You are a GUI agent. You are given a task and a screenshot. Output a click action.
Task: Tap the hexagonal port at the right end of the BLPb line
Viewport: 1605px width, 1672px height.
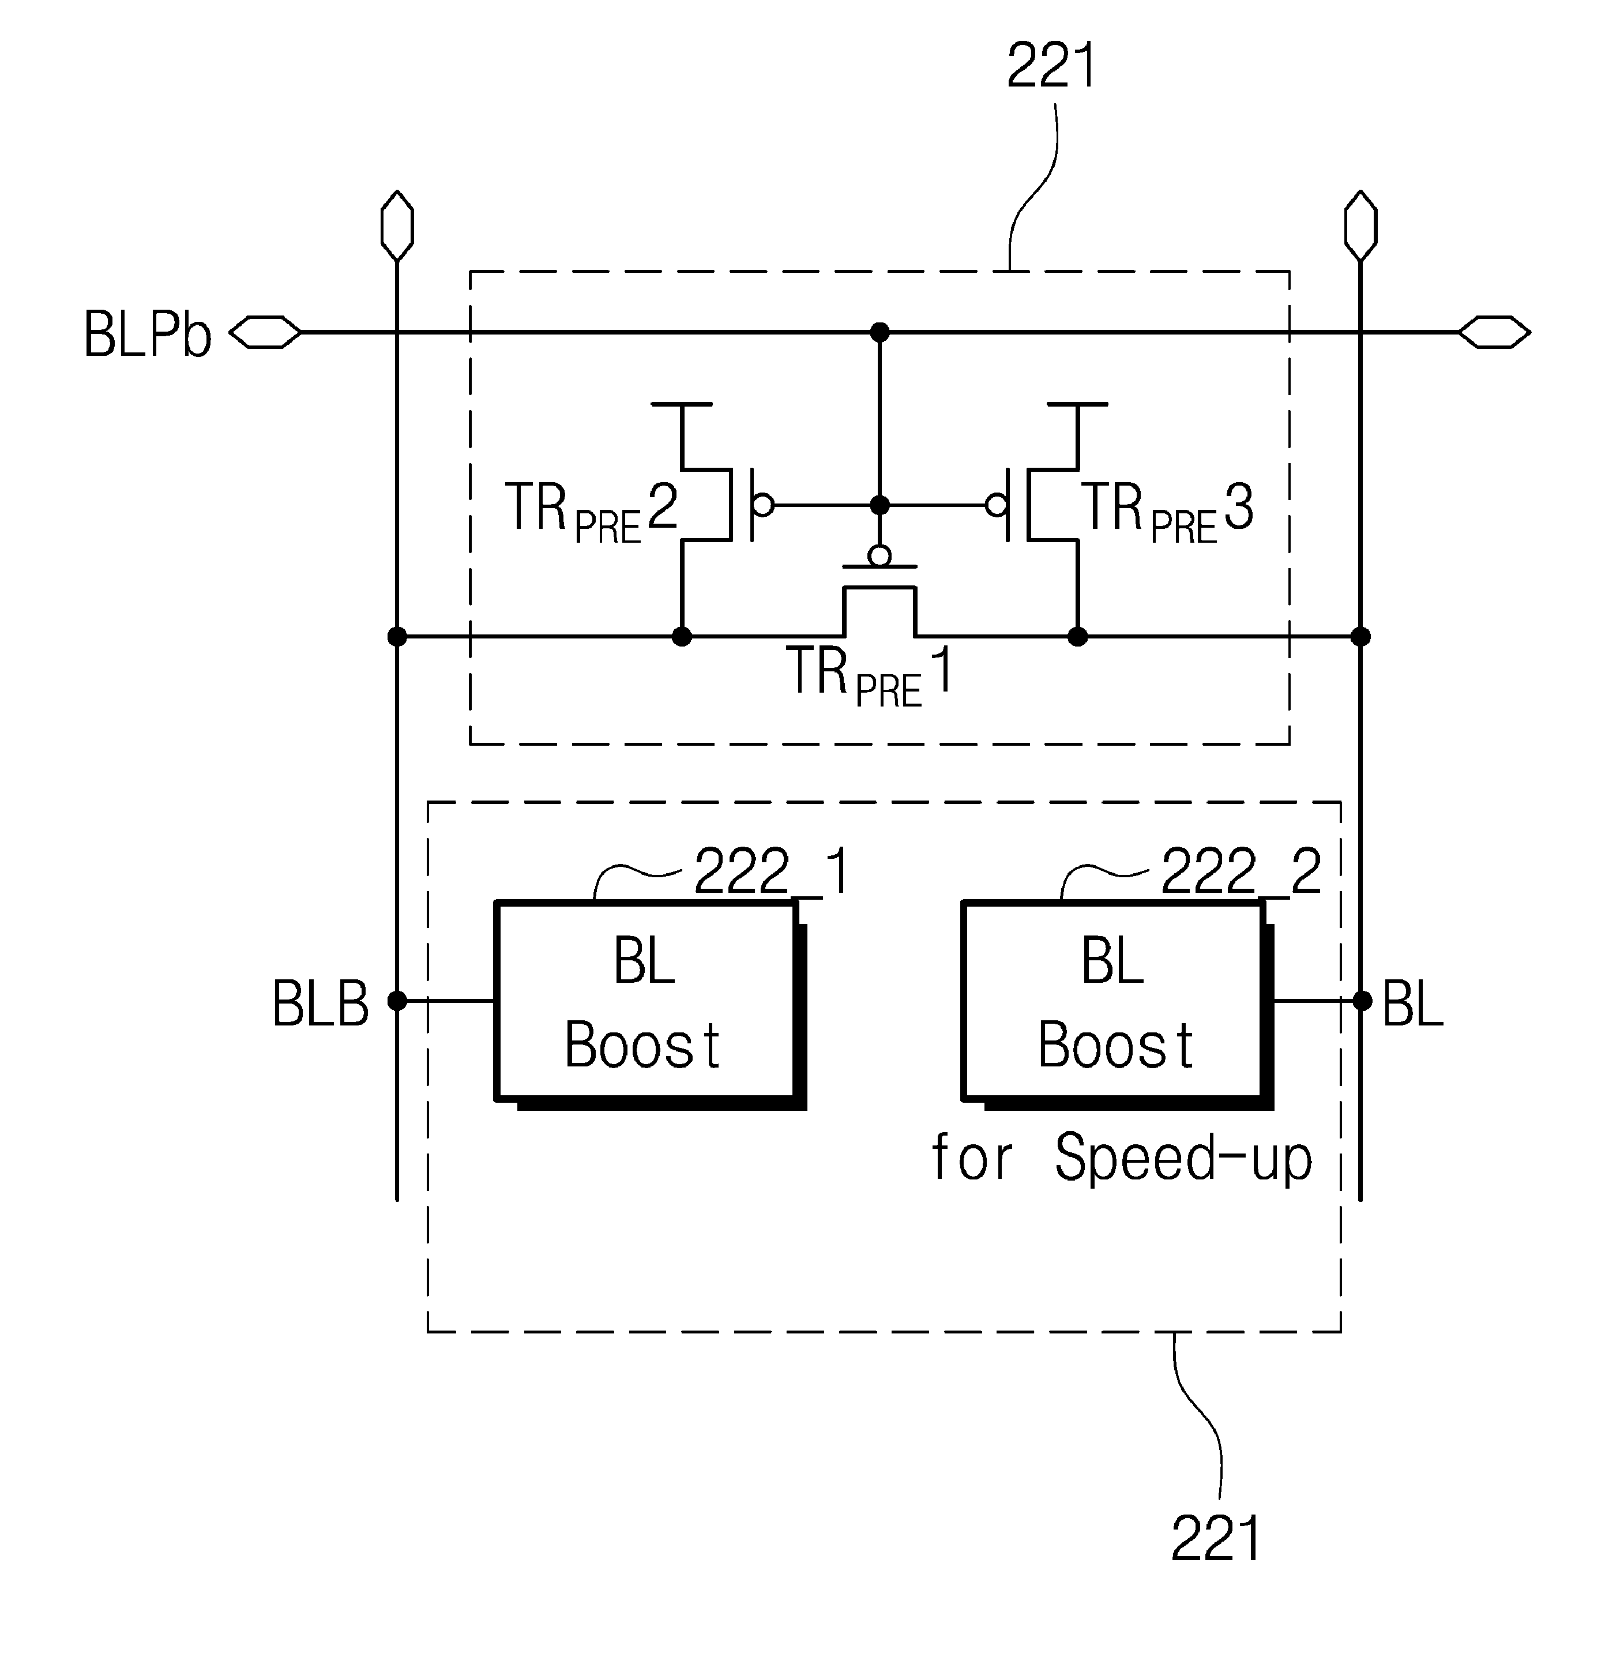(1494, 332)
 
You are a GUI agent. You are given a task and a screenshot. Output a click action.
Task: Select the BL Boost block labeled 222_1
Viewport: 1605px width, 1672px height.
(650, 1004)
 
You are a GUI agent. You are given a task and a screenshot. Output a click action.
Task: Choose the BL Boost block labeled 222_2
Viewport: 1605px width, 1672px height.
(1117, 1004)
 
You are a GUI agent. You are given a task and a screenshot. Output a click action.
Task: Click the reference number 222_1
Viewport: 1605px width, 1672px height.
(772, 871)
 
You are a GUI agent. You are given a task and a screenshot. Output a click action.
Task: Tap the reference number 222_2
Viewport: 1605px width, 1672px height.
(1242, 871)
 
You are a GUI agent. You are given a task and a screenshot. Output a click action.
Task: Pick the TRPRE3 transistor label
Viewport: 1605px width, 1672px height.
(1167, 511)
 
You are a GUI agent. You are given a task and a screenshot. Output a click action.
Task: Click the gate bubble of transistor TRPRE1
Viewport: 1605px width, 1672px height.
(879, 556)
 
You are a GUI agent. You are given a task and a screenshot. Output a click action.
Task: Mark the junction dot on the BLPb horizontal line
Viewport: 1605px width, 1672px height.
(879, 332)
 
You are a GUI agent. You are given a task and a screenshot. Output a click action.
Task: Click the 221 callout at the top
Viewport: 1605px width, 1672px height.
(1051, 65)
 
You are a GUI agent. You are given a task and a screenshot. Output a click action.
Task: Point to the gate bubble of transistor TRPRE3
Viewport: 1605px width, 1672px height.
(996, 505)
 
